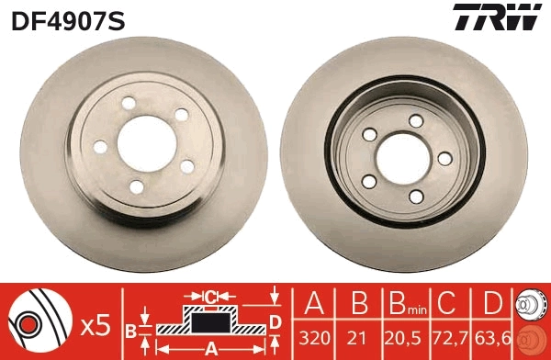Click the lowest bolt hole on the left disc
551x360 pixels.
pos(137,186)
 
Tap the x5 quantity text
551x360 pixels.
pos(95,324)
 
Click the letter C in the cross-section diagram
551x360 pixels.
pos(210,297)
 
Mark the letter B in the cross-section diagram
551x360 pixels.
pos(130,328)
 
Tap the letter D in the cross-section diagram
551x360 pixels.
pos(275,320)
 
